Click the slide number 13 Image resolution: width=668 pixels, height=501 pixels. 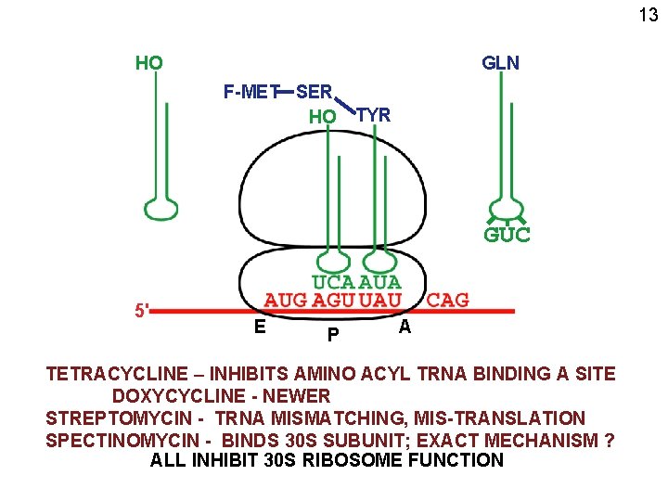648,15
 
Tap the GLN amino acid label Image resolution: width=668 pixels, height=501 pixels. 500,63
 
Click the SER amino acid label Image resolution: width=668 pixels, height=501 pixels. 315,91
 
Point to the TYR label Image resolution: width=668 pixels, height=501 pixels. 374,115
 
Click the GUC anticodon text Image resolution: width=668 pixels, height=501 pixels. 507,235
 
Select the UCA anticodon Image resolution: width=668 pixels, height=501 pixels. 332,281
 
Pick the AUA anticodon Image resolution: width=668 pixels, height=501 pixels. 379,281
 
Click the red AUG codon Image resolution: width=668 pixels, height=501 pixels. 287,300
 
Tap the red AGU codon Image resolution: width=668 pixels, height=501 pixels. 333,300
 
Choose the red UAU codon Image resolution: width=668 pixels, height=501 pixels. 379,300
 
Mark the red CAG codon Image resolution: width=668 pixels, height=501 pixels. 447,300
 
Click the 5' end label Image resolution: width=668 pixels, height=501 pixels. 141,311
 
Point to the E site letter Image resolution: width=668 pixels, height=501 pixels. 261,326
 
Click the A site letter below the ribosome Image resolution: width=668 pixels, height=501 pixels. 404,327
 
